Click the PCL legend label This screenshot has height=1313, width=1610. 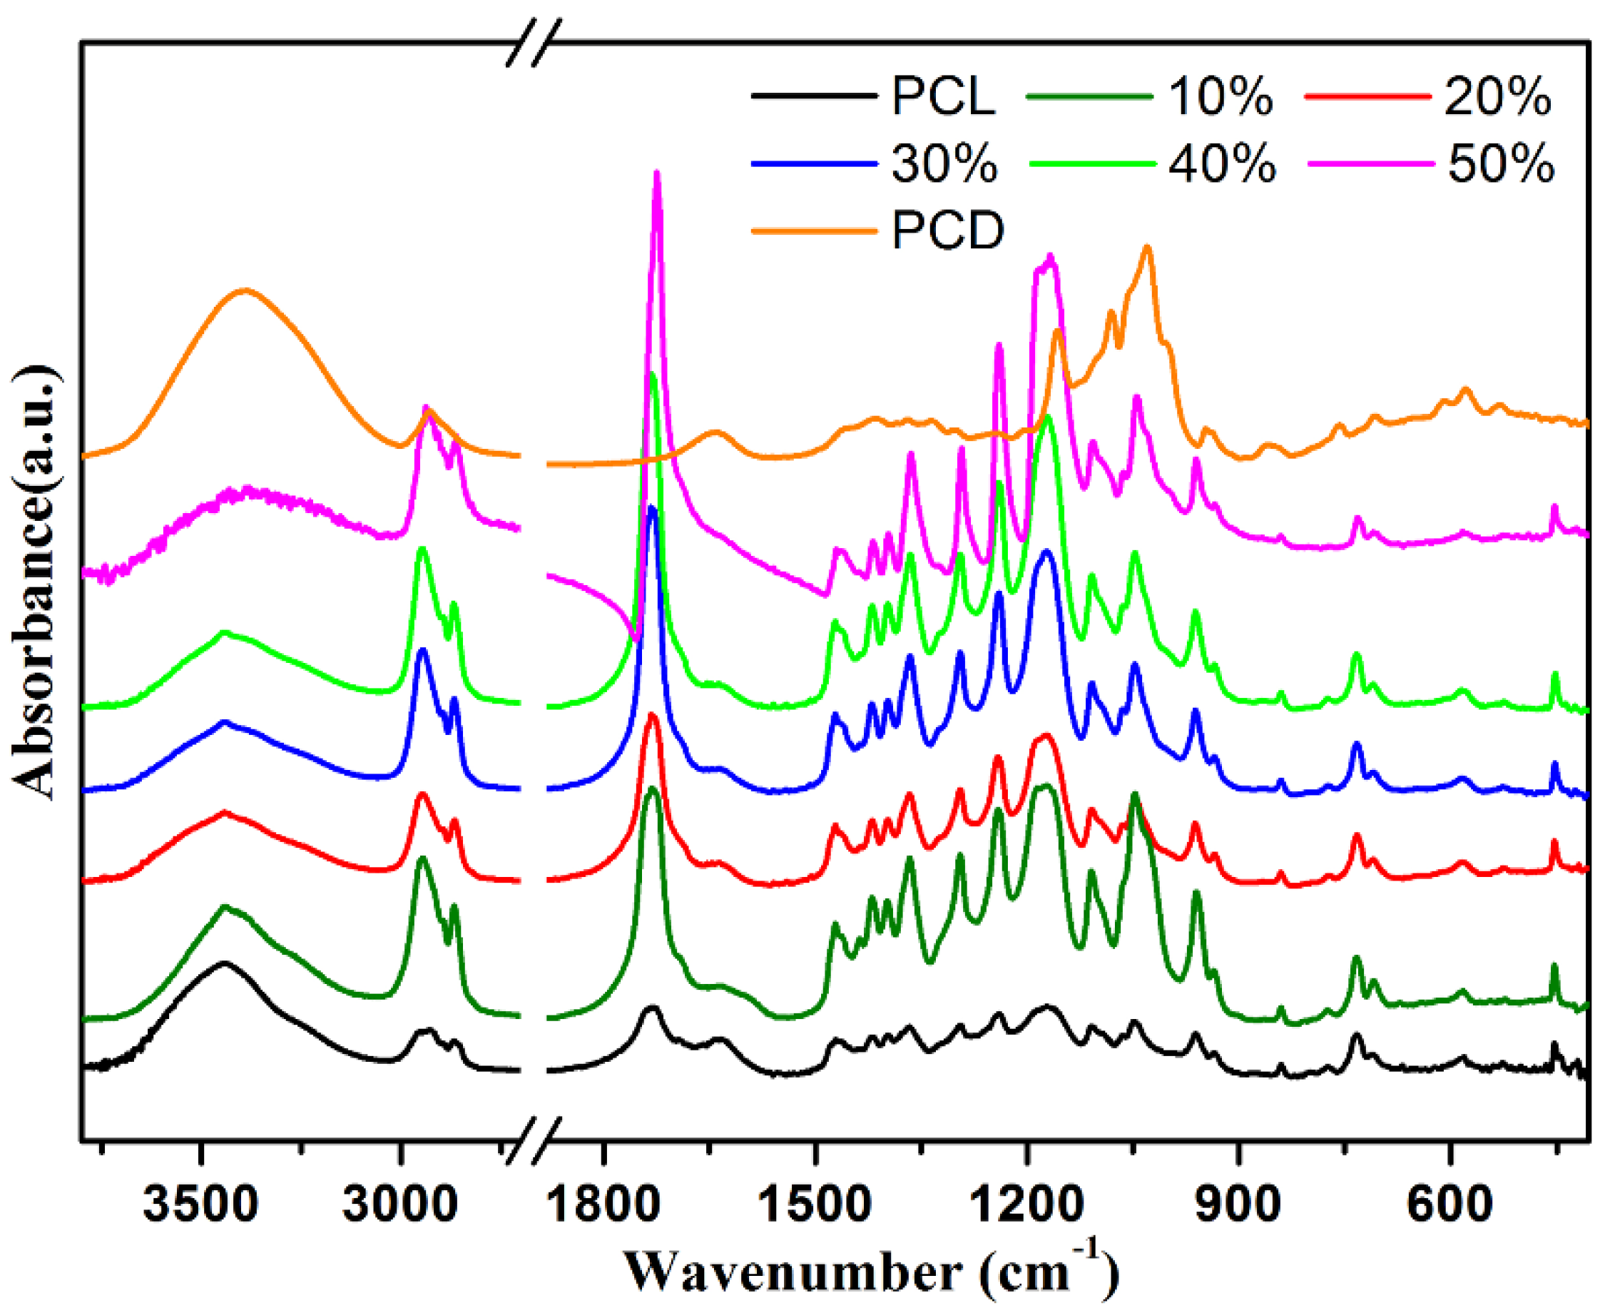(x=942, y=97)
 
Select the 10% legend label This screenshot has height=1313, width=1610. (x=1220, y=97)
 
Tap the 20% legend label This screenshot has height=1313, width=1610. (x=1497, y=97)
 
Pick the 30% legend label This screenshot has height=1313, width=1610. (x=944, y=163)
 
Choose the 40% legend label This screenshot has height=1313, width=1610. (x=1222, y=163)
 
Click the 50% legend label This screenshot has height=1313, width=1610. (x=1500, y=163)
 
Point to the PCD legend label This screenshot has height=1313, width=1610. (x=947, y=230)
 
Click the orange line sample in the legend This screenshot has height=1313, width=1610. (x=813, y=230)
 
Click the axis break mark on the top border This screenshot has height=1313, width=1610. (x=534, y=42)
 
